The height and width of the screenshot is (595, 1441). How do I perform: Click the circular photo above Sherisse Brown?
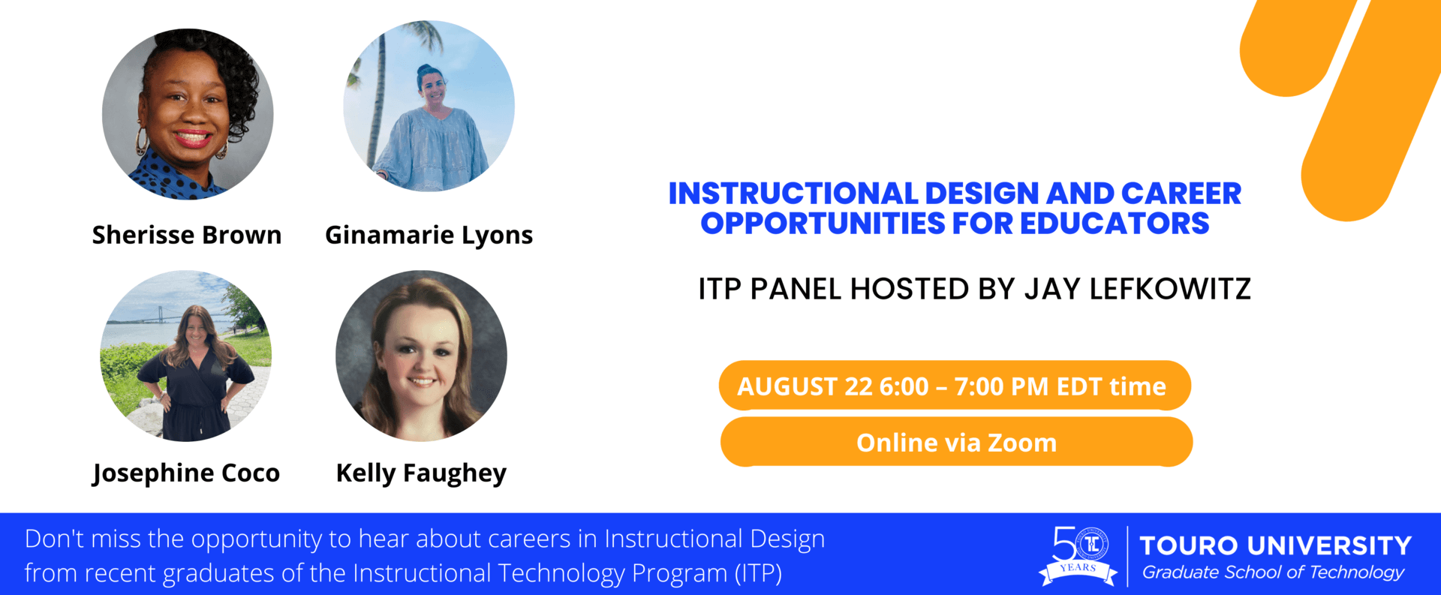point(188,114)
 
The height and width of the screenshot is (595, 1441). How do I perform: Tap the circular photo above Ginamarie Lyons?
point(429,106)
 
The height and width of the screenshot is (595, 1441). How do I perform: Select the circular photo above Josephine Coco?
point(186,356)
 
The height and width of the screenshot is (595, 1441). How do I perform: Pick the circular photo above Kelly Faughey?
point(421,356)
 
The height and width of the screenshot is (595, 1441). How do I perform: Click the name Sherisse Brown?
point(187,235)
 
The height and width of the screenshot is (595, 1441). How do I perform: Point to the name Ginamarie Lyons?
point(429,236)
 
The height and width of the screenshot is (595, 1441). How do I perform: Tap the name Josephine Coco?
point(186,473)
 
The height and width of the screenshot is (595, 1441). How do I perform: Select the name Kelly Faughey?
point(421,473)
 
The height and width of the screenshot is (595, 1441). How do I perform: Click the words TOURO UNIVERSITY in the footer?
point(1276,545)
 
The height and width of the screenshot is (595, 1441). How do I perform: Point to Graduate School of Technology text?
point(1273,572)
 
